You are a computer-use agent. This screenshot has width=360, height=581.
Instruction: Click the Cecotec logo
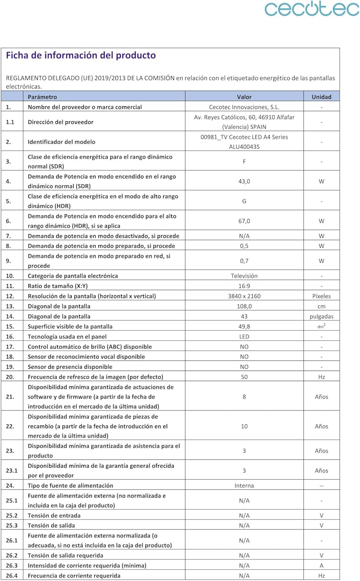coord(312,9)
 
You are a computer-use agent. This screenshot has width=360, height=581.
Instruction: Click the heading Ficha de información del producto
coord(81,55)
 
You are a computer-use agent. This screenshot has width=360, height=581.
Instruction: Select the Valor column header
coord(244,97)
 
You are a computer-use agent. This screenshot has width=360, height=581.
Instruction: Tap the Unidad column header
coord(321,97)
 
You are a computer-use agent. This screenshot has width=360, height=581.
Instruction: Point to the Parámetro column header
coord(42,97)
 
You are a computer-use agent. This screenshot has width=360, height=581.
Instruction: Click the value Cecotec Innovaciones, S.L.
coord(244,107)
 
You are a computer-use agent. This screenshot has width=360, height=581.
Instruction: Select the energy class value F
coord(244,162)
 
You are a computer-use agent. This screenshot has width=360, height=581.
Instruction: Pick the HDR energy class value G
coord(244,201)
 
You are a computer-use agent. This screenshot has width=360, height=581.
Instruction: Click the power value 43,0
coord(244,181)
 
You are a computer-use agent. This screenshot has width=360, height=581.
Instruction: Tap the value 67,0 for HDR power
coord(244,221)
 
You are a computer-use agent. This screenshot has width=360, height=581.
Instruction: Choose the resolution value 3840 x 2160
coord(244,296)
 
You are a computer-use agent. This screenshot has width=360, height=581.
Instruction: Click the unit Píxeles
coord(321,296)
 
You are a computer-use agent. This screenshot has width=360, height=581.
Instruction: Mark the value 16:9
coord(244,286)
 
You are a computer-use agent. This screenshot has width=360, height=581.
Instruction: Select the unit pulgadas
coord(321,316)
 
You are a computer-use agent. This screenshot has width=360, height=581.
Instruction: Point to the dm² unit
coord(321,326)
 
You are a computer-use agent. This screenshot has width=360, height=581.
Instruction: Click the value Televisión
coord(244,276)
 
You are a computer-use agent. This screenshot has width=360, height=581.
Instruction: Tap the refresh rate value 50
coord(244,377)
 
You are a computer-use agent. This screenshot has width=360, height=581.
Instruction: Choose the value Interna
coord(244,486)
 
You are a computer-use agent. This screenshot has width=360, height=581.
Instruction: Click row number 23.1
coord(12,471)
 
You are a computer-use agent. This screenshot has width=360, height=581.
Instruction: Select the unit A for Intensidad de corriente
coord(321,566)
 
